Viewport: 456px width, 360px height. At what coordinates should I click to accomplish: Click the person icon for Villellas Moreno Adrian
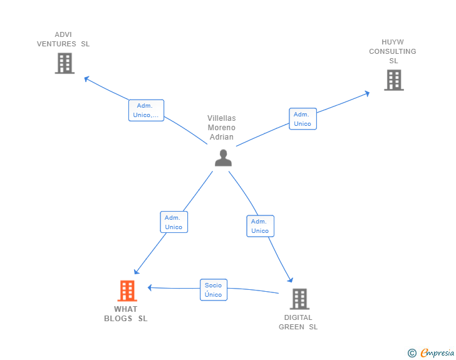[223, 158]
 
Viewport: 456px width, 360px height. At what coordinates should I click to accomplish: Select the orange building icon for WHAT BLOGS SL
[127, 291]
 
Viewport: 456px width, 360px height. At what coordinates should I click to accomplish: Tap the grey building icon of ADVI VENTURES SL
[65, 63]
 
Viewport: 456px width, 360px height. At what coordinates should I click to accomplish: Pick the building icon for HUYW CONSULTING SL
[393, 80]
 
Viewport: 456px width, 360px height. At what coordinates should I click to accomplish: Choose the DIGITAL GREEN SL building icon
[299, 299]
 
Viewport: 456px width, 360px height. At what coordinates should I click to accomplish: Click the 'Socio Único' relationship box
[214, 290]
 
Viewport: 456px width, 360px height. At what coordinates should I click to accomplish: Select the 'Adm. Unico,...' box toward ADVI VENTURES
[147, 110]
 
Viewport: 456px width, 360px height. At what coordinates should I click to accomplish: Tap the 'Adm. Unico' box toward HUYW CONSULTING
[303, 119]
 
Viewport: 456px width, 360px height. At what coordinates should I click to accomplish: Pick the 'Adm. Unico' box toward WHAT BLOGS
[174, 222]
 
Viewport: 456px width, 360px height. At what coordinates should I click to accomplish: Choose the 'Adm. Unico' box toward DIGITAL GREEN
[260, 226]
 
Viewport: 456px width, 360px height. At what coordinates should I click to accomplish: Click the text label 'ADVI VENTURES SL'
[63, 39]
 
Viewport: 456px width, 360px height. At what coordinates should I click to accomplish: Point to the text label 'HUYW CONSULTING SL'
[393, 51]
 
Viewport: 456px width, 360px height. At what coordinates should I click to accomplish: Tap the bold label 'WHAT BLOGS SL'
[126, 314]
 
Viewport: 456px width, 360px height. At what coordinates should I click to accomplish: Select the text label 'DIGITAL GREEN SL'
[298, 322]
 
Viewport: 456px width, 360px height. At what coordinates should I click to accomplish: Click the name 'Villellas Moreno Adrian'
[222, 128]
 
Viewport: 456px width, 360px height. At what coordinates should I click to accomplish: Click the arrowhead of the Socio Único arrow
[150, 287]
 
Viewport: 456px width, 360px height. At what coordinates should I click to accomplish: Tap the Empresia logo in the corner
[437, 353]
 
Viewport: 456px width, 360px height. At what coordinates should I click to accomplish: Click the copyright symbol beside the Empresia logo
[412, 353]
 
